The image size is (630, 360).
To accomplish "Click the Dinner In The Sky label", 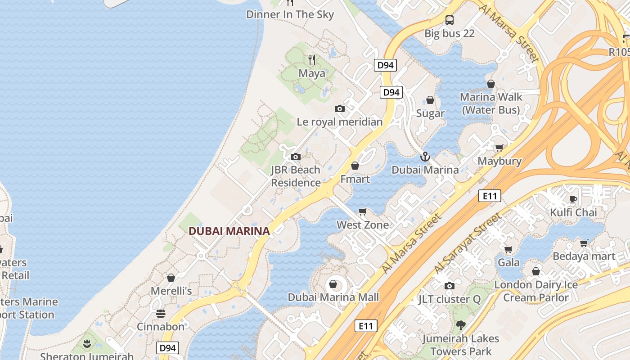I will tap(290, 14).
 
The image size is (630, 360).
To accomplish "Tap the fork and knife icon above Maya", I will tap(311, 59).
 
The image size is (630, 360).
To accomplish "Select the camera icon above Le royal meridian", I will tap(340, 108).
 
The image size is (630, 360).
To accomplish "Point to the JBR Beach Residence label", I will tap(296, 176).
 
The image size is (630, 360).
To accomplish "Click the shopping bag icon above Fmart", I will tap(355, 166).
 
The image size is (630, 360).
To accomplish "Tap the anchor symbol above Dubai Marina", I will tap(425, 157).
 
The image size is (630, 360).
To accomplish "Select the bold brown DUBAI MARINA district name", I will tap(229, 231).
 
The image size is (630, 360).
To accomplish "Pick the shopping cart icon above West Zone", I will tap(362, 211).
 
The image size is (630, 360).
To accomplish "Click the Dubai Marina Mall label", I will tap(333, 297).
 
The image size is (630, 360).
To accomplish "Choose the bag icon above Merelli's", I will tap(171, 278).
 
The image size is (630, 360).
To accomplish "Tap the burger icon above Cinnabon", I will tap(161, 313).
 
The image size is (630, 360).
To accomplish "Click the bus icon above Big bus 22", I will tap(449, 20).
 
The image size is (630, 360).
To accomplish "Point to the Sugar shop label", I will tap(430, 113).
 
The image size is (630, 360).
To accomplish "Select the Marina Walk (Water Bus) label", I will tap(491, 103).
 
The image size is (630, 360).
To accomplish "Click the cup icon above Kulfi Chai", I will tap(573, 199).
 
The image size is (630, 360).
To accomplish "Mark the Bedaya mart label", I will tap(584, 256).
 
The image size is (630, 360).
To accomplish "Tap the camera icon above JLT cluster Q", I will tap(449, 286).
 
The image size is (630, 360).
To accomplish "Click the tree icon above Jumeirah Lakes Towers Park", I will tap(460, 325).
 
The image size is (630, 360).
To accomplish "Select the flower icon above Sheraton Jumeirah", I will tap(87, 344).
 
